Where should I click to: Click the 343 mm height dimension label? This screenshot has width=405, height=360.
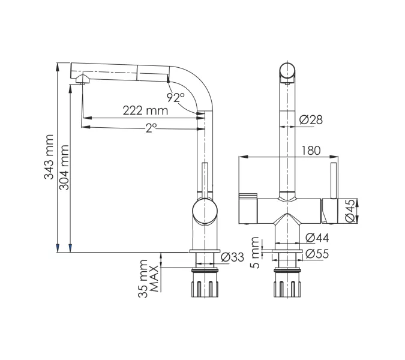click(x=49, y=157)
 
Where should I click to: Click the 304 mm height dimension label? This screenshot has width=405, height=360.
click(x=64, y=167)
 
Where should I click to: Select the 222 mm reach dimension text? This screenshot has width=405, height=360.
click(x=145, y=110)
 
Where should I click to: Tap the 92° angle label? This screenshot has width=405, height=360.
click(x=176, y=97)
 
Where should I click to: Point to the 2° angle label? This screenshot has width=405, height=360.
click(x=151, y=128)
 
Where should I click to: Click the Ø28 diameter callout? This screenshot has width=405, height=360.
click(x=311, y=120)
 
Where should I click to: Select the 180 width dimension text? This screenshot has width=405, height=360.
click(x=311, y=151)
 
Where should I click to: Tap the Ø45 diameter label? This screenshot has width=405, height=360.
click(x=350, y=211)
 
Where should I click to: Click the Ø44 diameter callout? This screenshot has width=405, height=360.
click(x=317, y=238)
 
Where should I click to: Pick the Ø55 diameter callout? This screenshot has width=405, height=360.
click(x=317, y=254)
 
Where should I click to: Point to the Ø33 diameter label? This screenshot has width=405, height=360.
click(x=232, y=257)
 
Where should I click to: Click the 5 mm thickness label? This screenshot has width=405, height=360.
click(x=255, y=253)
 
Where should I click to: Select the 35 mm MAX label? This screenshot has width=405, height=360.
click(x=148, y=278)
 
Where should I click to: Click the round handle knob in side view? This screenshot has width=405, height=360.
click(x=205, y=211)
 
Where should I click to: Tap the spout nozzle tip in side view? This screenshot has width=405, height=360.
click(x=83, y=79)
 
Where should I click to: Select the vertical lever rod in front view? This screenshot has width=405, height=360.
click(x=334, y=181)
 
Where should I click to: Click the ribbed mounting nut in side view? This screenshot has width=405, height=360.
click(x=205, y=289)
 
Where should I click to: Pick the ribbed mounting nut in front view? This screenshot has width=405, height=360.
click(x=287, y=289)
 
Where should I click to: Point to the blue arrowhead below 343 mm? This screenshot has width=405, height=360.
click(x=58, y=248)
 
